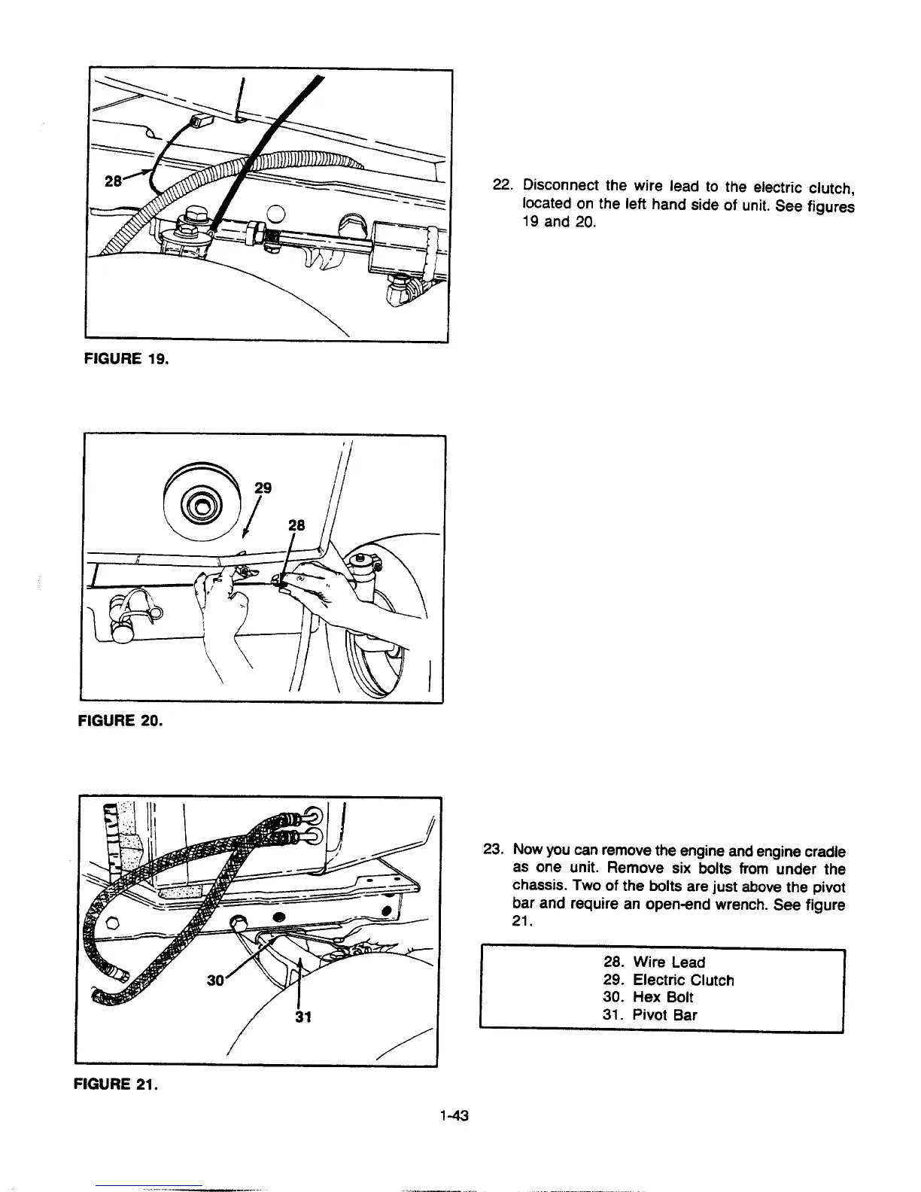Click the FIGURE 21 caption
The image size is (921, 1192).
[x=114, y=1084]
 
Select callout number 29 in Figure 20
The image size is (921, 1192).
[x=263, y=488]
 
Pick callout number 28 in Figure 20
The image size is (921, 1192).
[x=296, y=525]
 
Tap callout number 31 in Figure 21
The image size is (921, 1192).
[x=302, y=1017]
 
